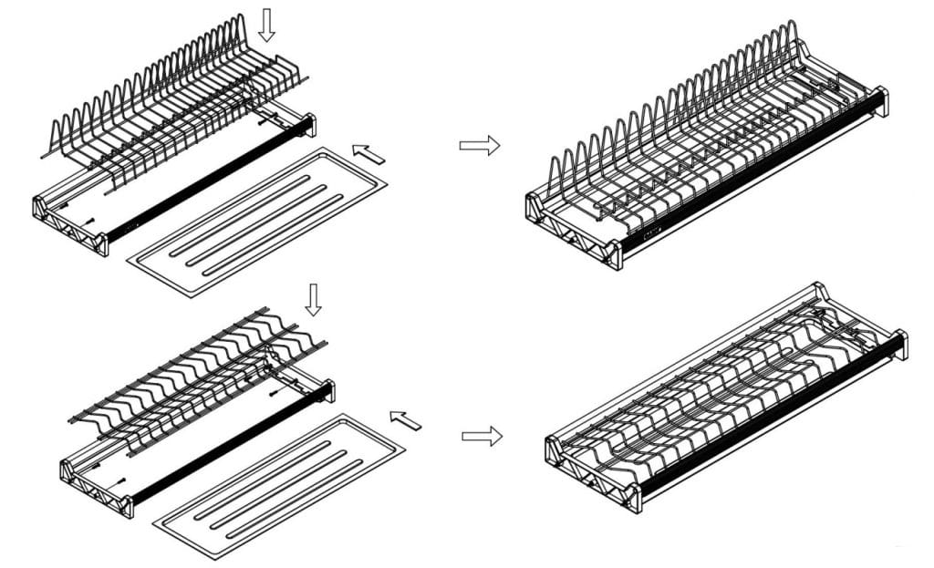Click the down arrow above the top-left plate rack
click(266, 25)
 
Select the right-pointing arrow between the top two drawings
click(480, 145)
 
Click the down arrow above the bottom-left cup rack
click(313, 299)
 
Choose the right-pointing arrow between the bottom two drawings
click(482, 436)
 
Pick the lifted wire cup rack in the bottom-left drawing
click(201, 374)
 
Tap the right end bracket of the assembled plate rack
click(878, 101)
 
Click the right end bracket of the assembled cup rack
click(898, 344)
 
